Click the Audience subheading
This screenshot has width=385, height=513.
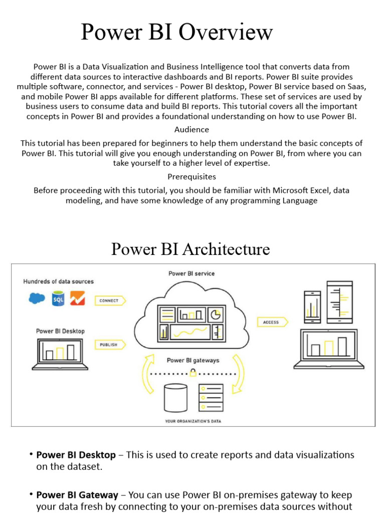[192, 130]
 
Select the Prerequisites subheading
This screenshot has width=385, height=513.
[192, 177]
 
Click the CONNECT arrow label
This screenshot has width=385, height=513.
[109, 301]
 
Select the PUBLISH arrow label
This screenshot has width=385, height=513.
[109, 345]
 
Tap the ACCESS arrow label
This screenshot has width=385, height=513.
[271, 322]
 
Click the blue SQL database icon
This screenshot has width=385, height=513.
[58, 299]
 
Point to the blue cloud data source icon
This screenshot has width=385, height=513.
[37, 299]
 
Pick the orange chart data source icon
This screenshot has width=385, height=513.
[77, 299]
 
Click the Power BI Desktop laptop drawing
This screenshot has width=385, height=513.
[60, 354]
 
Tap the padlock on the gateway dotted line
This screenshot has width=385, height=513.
[192, 373]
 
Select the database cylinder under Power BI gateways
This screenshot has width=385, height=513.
[175, 398]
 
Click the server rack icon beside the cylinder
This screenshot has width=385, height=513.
[211, 398]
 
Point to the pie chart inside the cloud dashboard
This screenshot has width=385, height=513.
[215, 315]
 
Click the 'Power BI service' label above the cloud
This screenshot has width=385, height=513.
[191, 274]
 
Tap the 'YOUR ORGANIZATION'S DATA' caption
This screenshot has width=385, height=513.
[193, 421]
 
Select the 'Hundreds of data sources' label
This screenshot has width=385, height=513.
[58, 282]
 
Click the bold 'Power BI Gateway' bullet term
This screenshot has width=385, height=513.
[77, 495]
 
